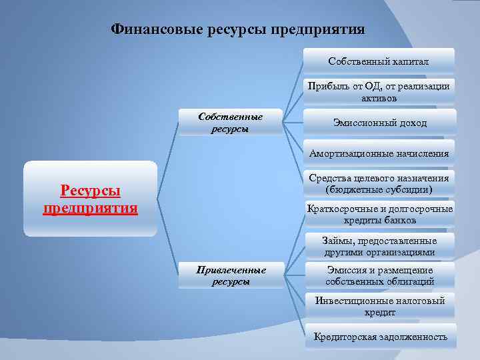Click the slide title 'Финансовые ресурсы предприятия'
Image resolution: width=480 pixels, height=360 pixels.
pos(238,30)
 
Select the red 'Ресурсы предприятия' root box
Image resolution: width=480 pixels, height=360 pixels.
pos(91,199)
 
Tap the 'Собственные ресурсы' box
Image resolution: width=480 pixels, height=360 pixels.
pos(230,123)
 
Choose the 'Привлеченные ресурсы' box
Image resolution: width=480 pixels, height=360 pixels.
pos(231,275)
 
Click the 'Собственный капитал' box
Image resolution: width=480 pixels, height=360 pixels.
pos(379,61)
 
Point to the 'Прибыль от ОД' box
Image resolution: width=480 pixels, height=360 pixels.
pos(379,92)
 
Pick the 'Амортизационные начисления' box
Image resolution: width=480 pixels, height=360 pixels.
pos(379,153)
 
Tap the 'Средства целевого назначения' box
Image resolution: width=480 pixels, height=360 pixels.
pos(379,184)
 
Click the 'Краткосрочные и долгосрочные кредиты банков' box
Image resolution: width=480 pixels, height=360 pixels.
pos(379,215)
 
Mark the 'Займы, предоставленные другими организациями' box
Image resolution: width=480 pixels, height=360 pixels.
pos(379,246)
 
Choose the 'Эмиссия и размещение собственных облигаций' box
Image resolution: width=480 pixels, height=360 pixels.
pos(379,275)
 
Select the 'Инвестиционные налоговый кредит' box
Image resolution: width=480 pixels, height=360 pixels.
pos(379,306)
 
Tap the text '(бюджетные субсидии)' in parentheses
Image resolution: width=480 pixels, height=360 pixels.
pos(379,190)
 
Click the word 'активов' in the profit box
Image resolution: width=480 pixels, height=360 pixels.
pos(379,98)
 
